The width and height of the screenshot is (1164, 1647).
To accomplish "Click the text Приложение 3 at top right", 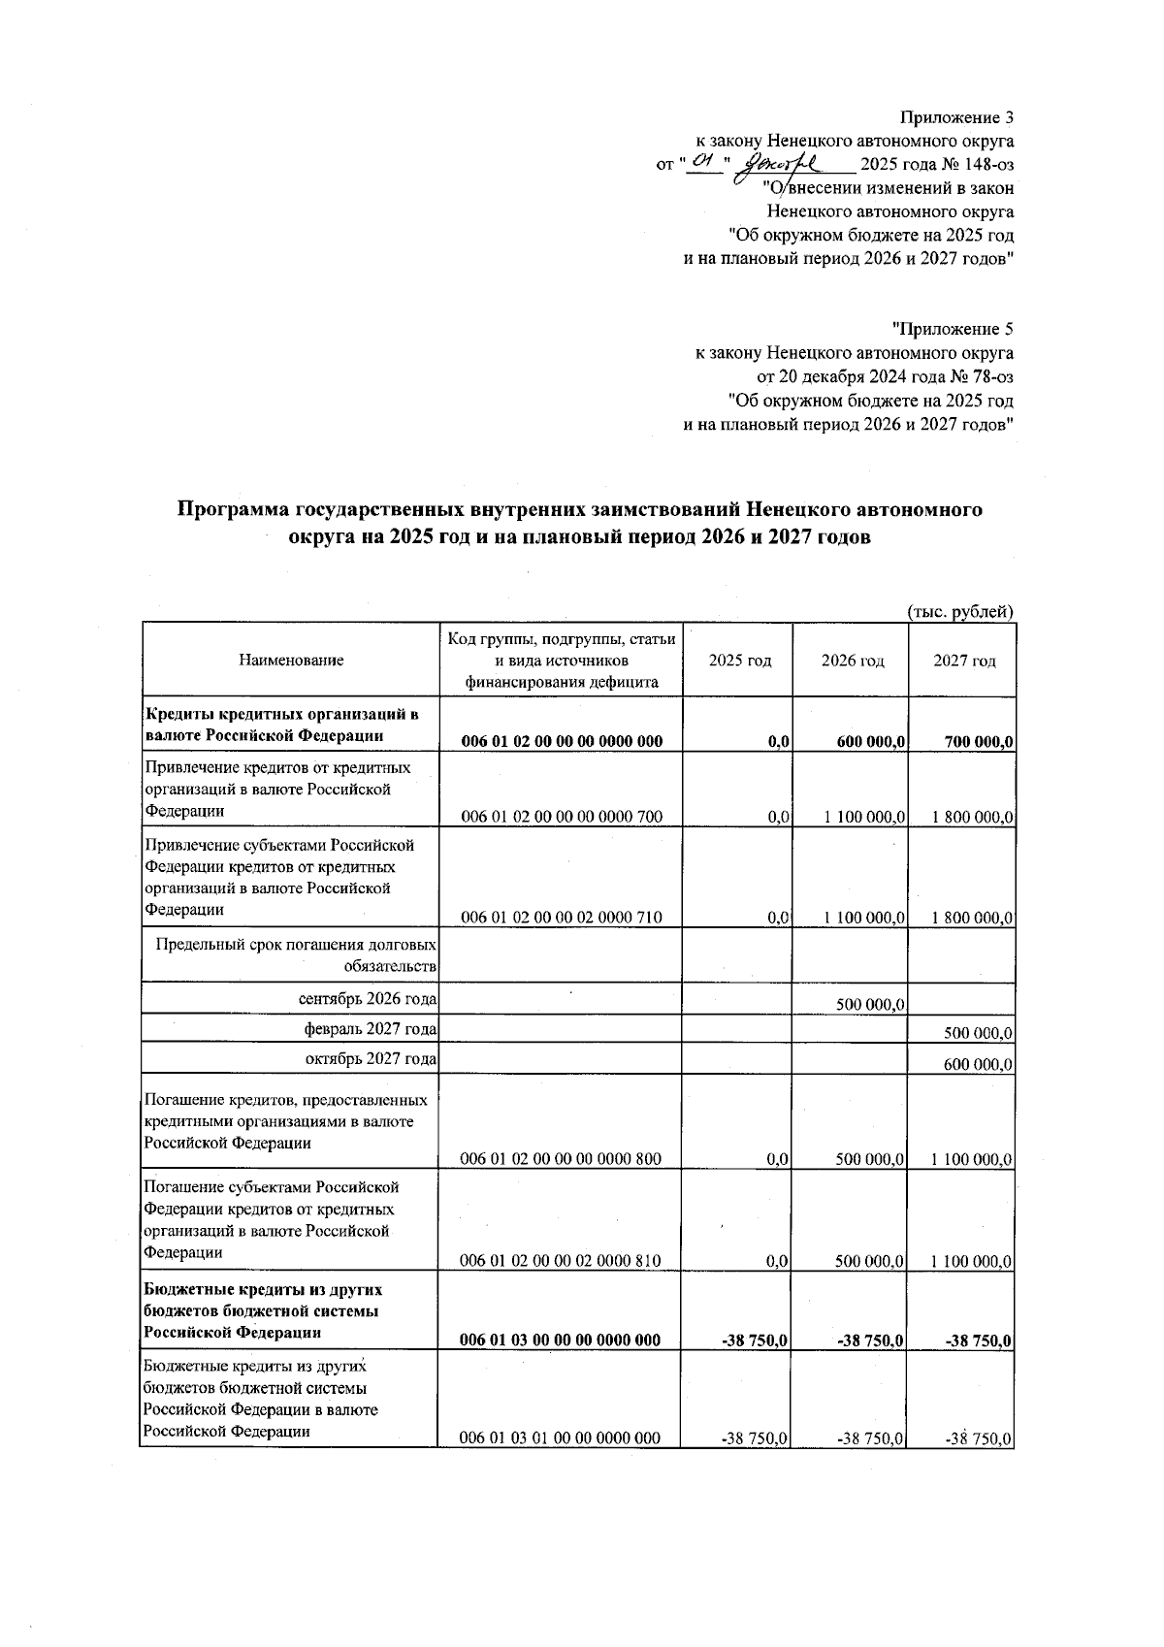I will click(956, 118).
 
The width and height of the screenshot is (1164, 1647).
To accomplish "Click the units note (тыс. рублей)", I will click(960, 611).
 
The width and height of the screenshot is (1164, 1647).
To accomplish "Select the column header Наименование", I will click(291, 661).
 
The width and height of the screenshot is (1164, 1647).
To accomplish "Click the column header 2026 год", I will click(852, 661).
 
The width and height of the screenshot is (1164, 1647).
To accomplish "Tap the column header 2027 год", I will click(964, 661).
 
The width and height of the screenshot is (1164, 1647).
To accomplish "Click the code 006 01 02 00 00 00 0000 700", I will click(562, 817).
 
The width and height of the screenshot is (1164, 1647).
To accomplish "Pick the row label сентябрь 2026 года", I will click(368, 998).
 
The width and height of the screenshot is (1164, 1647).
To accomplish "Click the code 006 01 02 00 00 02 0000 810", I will click(562, 1261).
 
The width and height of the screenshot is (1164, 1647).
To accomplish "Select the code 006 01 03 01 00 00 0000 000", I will click(562, 1437).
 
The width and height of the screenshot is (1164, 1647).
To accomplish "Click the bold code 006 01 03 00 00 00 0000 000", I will click(562, 1340).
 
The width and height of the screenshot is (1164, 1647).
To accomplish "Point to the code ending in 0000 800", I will click(562, 1159).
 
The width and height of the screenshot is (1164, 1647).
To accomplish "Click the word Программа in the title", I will click(234, 510).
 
